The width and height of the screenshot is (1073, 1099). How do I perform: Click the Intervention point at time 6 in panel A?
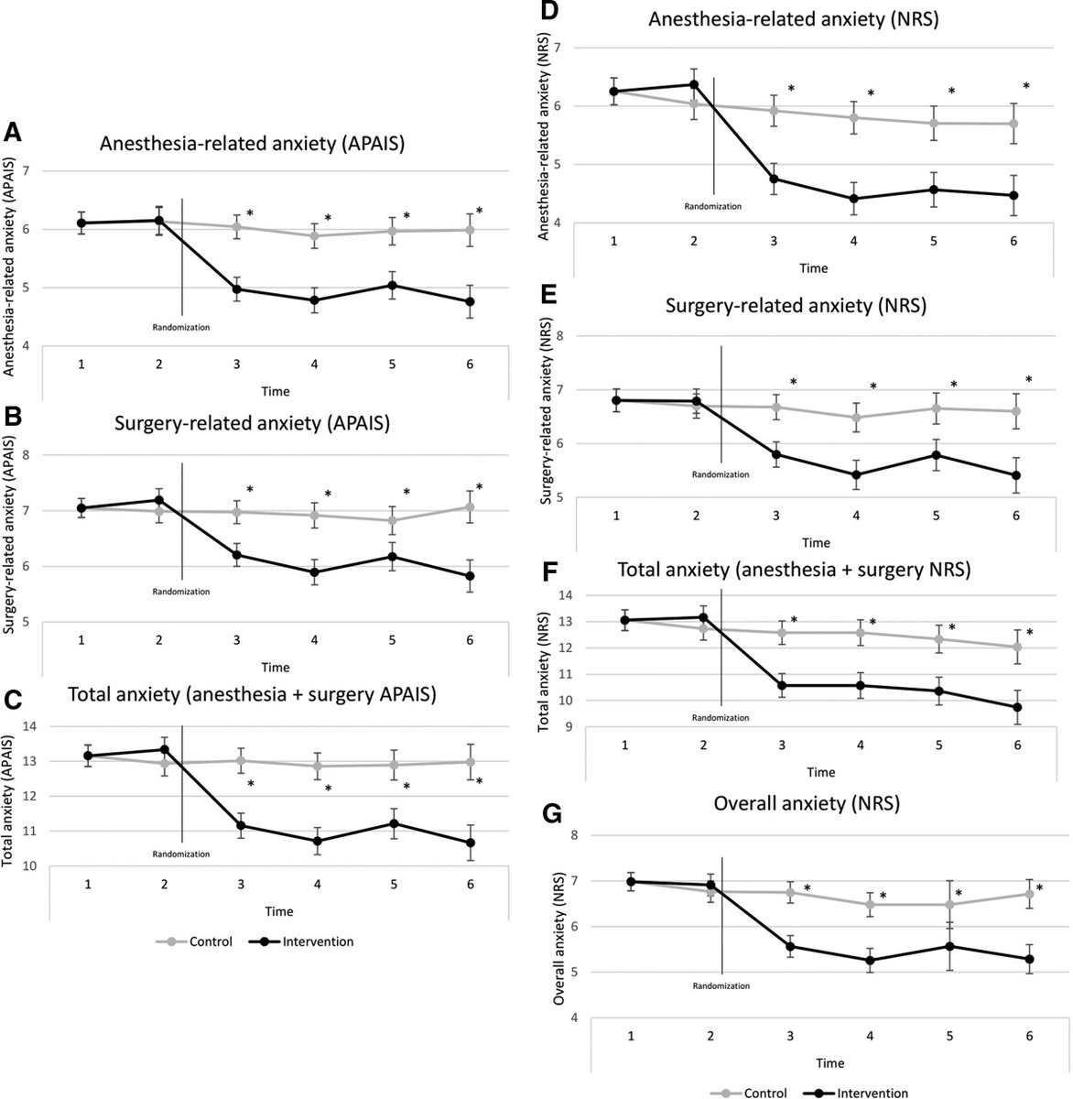tap(470, 301)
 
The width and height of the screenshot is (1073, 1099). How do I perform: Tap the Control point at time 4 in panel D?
tap(853, 117)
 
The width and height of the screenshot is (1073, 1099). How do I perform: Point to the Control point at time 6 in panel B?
tap(470, 506)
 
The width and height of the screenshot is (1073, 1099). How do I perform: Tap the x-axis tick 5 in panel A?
tap(393, 365)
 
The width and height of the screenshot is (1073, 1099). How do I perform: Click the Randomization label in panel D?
tap(713, 206)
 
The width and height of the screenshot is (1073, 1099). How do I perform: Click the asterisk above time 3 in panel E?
tap(794, 383)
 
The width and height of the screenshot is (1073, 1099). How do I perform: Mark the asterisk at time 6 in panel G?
tap(1039, 888)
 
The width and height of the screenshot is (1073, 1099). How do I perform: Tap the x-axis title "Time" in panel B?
tap(276, 667)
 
